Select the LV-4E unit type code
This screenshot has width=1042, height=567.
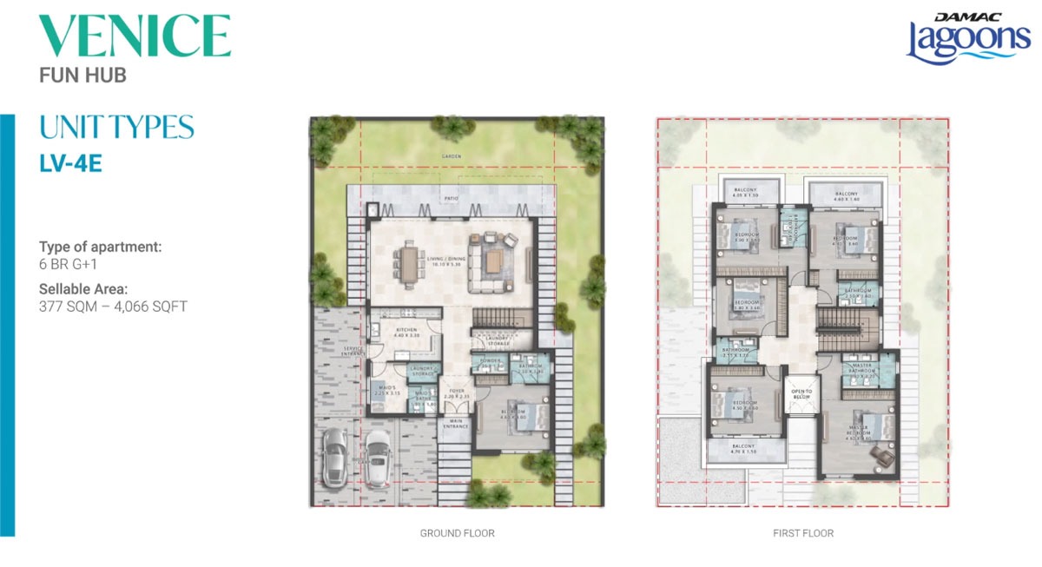(x=71, y=163)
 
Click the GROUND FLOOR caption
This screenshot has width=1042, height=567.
(x=457, y=533)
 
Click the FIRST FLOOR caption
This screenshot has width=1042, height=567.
(x=803, y=533)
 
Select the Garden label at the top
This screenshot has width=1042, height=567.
(x=451, y=156)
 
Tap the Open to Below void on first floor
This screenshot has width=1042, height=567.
(x=801, y=394)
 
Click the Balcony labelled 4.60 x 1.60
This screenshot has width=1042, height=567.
(x=846, y=196)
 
